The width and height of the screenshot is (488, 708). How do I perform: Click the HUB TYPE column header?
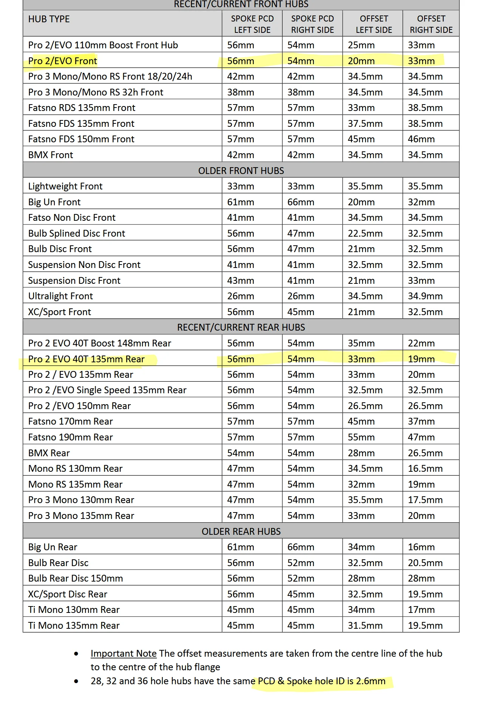click(x=49, y=19)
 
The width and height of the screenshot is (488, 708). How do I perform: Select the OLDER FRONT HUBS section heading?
click(x=241, y=171)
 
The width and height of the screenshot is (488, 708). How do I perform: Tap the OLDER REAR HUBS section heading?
click(x=241, y=531)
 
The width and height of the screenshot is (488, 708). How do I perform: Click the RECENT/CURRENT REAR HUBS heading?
click(x=241, y=327)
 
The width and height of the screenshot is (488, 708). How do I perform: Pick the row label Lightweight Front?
click(x=65, y=186)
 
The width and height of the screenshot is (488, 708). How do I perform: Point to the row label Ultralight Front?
click(x=60, y=296)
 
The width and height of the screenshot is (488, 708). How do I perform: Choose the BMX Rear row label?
click(x=49, y=453)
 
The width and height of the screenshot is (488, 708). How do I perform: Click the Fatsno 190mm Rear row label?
click(x=71, y=437)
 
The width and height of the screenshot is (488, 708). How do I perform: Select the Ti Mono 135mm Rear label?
click(x=74, y=625)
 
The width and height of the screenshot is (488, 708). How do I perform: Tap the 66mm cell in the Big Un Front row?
click(x=301, y=202)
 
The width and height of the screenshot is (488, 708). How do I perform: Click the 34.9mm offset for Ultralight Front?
click(x=425, y=296)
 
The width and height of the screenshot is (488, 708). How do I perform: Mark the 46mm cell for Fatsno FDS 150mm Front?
click(x=421, y=139)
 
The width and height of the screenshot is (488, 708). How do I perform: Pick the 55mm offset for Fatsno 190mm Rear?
click(x=361, y=437)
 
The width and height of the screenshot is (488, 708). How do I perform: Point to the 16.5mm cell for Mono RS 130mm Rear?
click(x=425, y=469)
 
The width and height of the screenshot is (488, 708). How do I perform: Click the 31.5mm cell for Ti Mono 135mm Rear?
click(x=365, y=625)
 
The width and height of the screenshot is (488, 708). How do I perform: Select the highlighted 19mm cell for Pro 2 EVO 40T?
click(x=421, y=359)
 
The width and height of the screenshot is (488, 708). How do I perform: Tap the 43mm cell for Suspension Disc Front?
click(x=241, y=281)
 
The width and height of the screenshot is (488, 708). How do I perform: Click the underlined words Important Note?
click(x=124, y=653)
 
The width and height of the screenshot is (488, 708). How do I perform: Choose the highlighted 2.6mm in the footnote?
click(x=371, y=681)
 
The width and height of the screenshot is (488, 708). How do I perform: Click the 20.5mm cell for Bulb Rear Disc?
click(x=425, y=563)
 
